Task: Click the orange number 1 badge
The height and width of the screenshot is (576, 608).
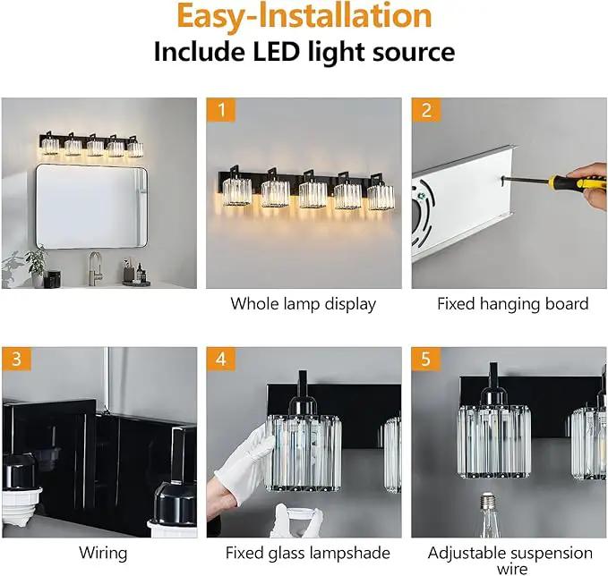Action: click(221, 110)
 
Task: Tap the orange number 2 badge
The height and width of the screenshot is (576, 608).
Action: click(426, 110)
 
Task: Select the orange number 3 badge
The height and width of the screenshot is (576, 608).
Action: click(16, 359)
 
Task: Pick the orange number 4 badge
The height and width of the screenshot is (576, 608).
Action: click(221, 359)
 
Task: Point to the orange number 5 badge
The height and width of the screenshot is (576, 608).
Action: click(426, 359)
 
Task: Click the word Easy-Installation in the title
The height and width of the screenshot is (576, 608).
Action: click(304, 16)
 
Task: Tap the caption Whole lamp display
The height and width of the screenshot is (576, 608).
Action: click(304, 304)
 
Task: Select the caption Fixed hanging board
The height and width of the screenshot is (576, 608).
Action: click(512, 304)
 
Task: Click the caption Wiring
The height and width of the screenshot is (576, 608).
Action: click(103, 553)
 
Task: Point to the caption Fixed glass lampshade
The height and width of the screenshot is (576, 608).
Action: click(308, 553)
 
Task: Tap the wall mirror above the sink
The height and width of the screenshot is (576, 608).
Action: click(92, 206)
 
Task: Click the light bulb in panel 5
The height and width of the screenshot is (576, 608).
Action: click(488, 515)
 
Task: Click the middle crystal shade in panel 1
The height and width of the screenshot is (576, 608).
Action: click(313, 195)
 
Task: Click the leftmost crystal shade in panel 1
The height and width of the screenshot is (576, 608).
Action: click(237, 192)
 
